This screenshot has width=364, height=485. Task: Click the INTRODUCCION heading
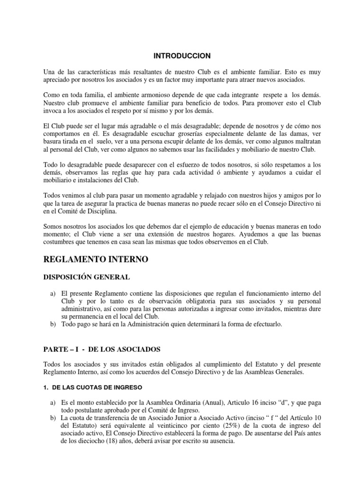(x=182, y=56)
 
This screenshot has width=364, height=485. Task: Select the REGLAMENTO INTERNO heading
(x=95, y=260)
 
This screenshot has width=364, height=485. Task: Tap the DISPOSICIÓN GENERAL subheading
(x=86, y=277)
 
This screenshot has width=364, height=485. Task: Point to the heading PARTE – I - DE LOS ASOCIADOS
(x=102, y=350)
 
